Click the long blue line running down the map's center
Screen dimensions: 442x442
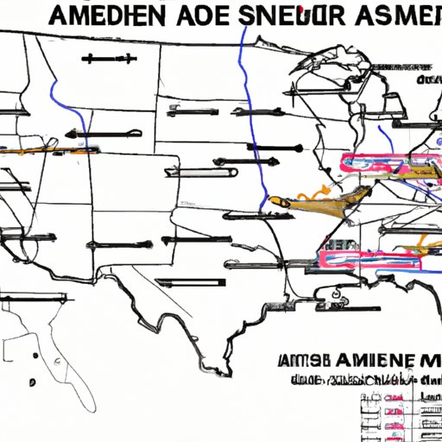[x=251, y=112]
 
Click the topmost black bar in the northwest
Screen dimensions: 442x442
[x=109, y=60]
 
